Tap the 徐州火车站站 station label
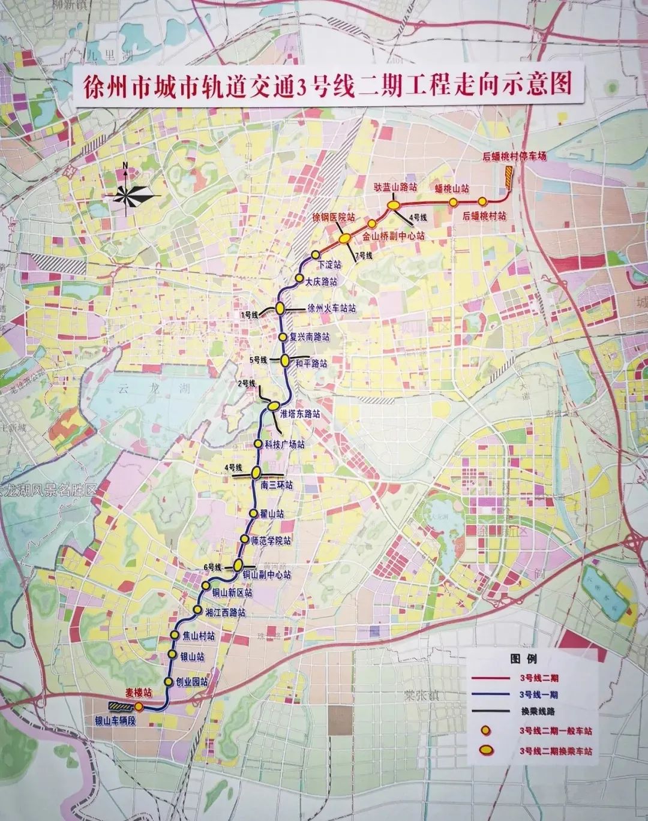pos(331,308)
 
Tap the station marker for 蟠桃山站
pos(453,202)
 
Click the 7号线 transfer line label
pos(363,256)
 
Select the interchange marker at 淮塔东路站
pos(272,408)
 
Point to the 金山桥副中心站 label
pos(393,236)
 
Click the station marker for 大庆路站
pos(299,278)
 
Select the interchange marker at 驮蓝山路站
pos(394,205)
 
